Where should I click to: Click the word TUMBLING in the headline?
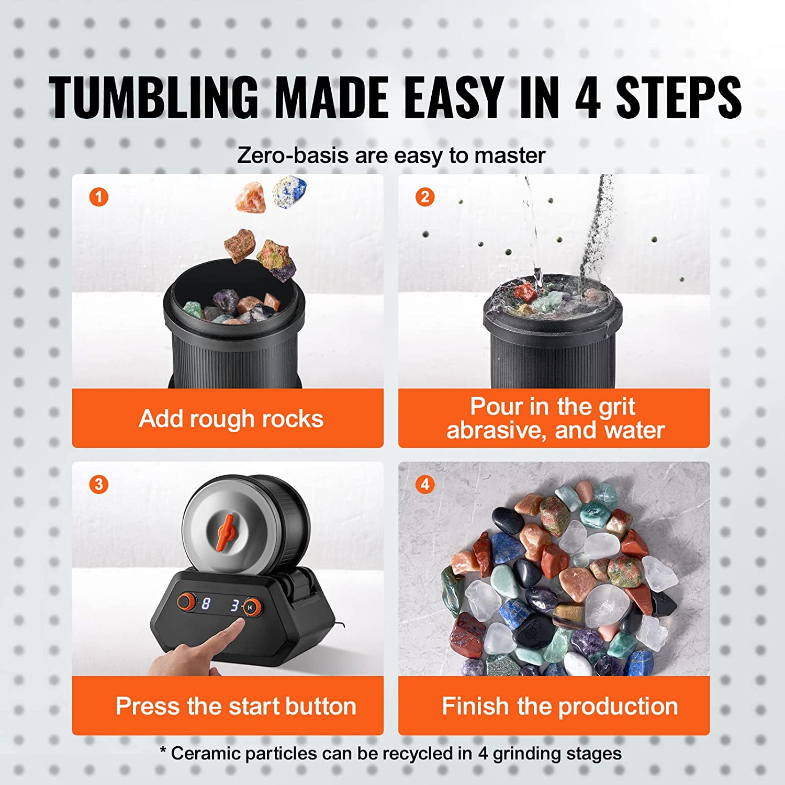tap(154, 97)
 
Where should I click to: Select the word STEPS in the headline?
tap(679, 97)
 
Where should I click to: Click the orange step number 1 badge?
tap(98, 197)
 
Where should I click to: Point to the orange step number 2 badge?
tap(425, 197)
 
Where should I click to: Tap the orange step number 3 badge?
tap(98, 485)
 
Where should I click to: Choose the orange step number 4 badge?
tap(425, 485)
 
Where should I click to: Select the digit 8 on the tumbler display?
tap(206, 604)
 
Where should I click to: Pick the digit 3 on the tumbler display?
tap(235, 605)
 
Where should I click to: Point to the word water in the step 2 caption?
tap(634, 430)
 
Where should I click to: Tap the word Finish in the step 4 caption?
tap(475, 706)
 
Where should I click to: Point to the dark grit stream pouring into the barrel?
tap(597, 225)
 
